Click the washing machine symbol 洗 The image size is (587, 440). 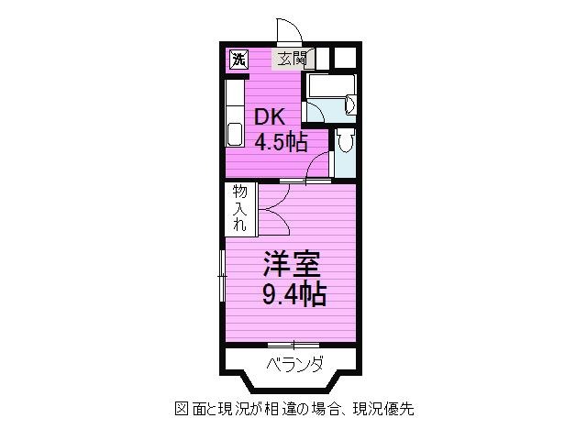tap(238, 59)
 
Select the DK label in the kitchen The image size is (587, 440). tap(270, 117)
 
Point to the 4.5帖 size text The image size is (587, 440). tap(282, 142)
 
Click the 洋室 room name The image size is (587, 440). tap(292, 263)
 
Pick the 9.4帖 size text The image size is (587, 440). tap(293, 295)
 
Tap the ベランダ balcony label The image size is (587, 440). tap(295, 363)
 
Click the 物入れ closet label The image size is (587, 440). tap(240, 208)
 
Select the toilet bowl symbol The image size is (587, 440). tap(345, 140)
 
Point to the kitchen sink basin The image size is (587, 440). tap(235, 135)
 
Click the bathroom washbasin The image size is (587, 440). tap(350, 104)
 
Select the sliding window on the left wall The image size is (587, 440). tap(222, 276)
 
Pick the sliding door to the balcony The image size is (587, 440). tap(293, 344)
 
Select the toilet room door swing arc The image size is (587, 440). tap(318, 167)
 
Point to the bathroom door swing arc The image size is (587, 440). tap(316, 110)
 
